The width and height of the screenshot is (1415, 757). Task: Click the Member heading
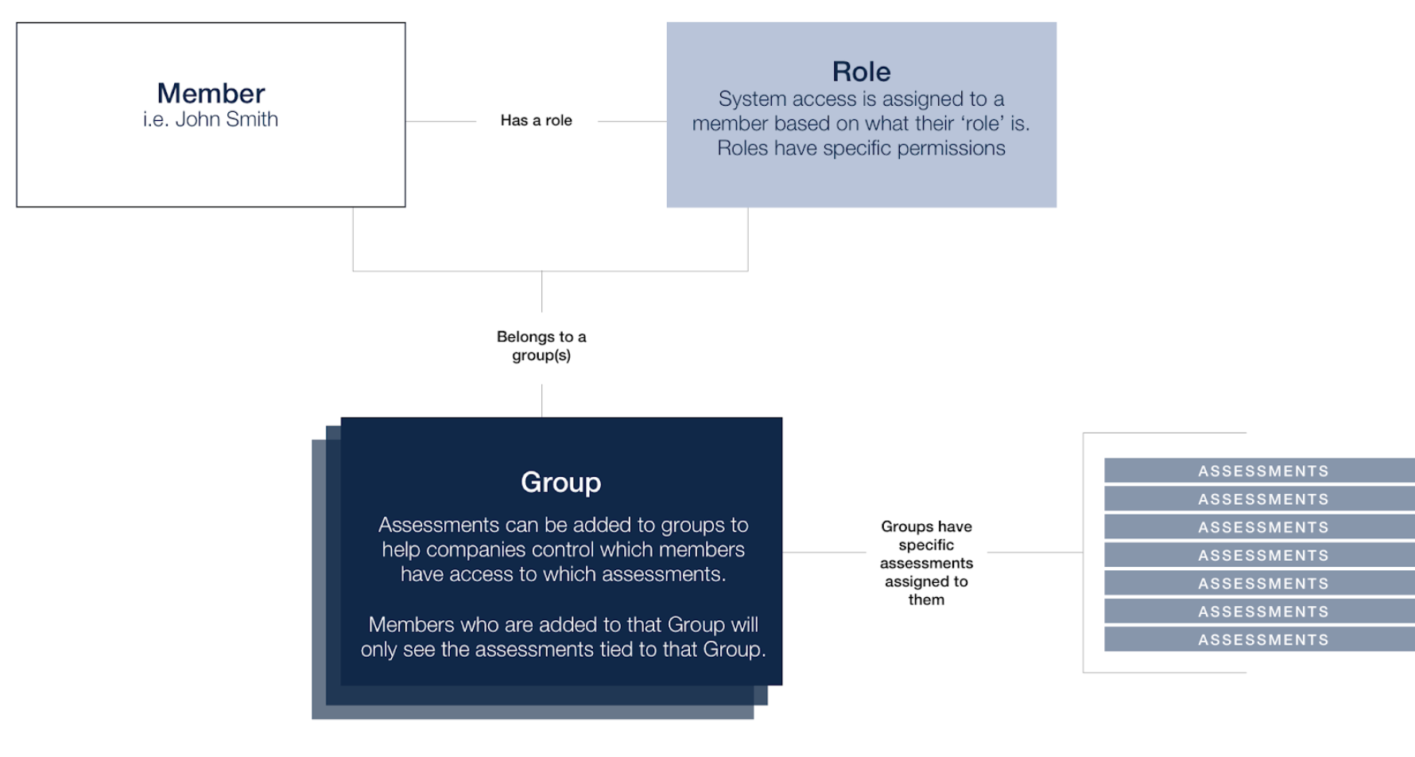211,93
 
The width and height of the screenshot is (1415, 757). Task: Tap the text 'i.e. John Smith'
211,119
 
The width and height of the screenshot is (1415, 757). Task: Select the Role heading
861,72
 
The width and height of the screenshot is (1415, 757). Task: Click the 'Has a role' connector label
537,120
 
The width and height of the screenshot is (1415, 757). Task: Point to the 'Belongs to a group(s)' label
541,346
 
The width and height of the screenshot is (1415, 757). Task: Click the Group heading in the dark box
561,482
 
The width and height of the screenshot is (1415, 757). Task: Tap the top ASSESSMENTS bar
1259,471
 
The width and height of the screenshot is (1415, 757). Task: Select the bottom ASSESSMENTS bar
1259,639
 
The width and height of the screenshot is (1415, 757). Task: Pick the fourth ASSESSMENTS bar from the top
1259,555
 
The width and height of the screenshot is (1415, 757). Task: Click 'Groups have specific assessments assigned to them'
926,563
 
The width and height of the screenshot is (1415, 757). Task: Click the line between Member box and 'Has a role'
440,121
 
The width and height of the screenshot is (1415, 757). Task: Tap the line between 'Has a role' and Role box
632,121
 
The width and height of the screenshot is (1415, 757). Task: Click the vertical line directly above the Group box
542,401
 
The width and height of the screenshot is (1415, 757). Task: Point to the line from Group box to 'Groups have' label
824,552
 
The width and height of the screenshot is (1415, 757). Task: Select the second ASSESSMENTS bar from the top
1259,499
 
